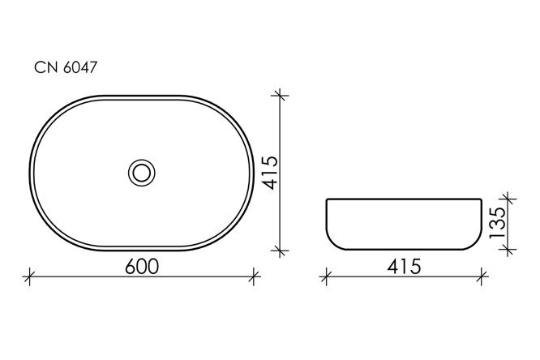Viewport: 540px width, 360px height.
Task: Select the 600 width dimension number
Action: pyautogui.click(x=141, y=266)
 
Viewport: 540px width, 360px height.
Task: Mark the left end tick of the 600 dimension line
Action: pyautogui.click(x=30, y=277)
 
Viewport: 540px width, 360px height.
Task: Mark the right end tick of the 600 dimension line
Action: pyautogui.click(x=254, y=277)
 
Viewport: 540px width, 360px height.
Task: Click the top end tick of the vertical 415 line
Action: pyautogui.click(x=281, y=96)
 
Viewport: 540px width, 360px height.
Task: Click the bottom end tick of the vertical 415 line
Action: pyautogui.click(x=281, y=251)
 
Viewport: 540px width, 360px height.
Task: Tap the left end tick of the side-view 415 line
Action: pyautogui.click(x=326, y=277)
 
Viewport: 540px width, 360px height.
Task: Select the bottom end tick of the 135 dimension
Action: pyautogui.click(x=508, y=251)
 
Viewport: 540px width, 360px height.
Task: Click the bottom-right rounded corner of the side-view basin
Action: pyautogui.click(x=478, y=244)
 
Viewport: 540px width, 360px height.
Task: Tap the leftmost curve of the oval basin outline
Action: pyautogui.click(x=32, y=172)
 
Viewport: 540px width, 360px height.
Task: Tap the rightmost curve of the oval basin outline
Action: pyautogui.click(x=252, y=172)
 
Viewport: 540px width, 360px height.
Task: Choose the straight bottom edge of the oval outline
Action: pyautogui.click(x=142, y=249)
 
